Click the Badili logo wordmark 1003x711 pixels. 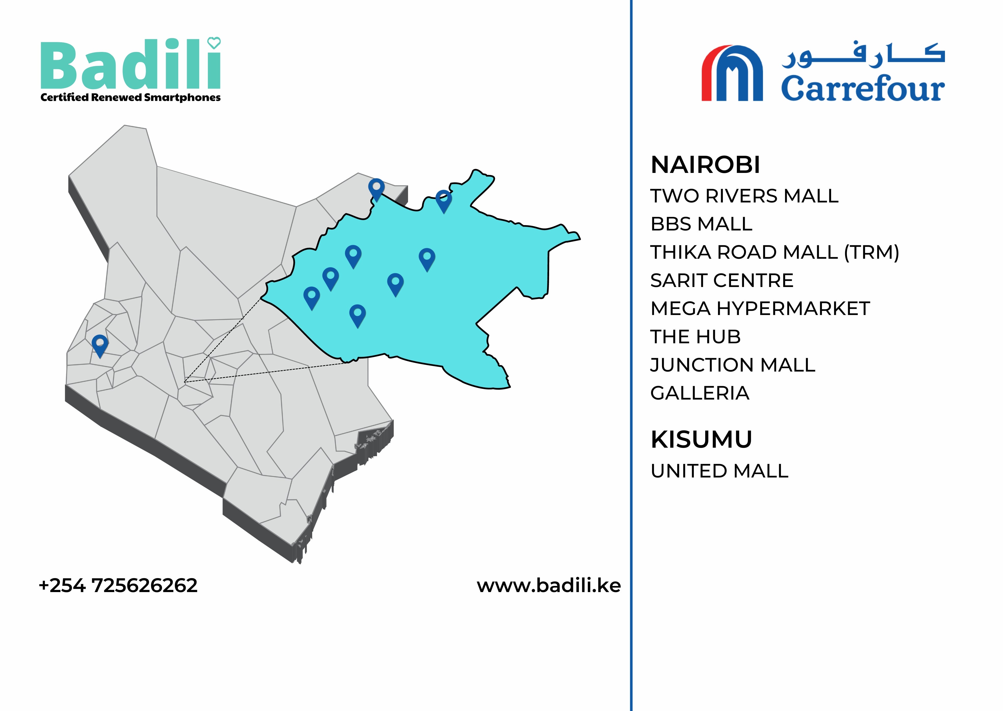pos(130,66)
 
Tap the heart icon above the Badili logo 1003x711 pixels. pos(214,43)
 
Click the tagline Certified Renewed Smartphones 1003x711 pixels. pos(130,98)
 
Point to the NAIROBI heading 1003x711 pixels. pos(705,165)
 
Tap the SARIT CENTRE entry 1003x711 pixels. pos(722,281)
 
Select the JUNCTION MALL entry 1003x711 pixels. pos(733,365)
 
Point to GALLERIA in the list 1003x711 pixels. pos(700,393)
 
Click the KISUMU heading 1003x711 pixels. pos(701,440)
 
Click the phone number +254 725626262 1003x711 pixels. pos(118,586)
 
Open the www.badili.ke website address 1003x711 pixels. pos(549,586)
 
